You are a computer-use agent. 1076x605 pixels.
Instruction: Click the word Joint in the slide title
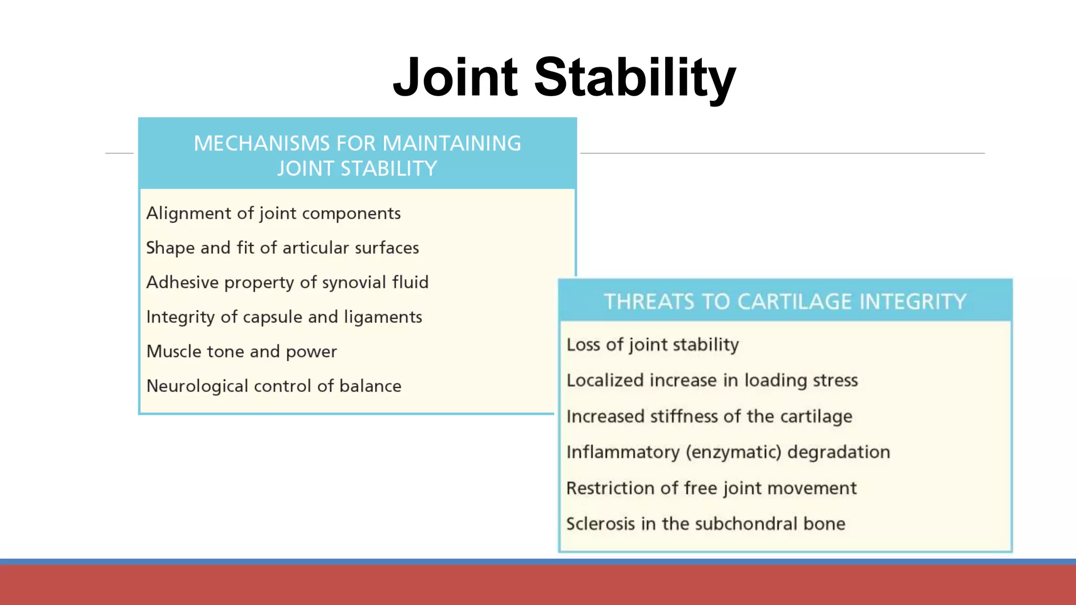point(456,78)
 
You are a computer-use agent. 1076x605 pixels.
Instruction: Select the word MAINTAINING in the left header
point(451,143)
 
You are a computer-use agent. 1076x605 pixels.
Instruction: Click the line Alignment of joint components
point(273,213)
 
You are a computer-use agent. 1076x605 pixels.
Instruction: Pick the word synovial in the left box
point(354,283)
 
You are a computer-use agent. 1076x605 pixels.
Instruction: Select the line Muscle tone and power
point(242,351)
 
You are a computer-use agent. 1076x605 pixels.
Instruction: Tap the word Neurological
point(197,386)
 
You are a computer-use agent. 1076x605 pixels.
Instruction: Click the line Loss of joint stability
point(653,345)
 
